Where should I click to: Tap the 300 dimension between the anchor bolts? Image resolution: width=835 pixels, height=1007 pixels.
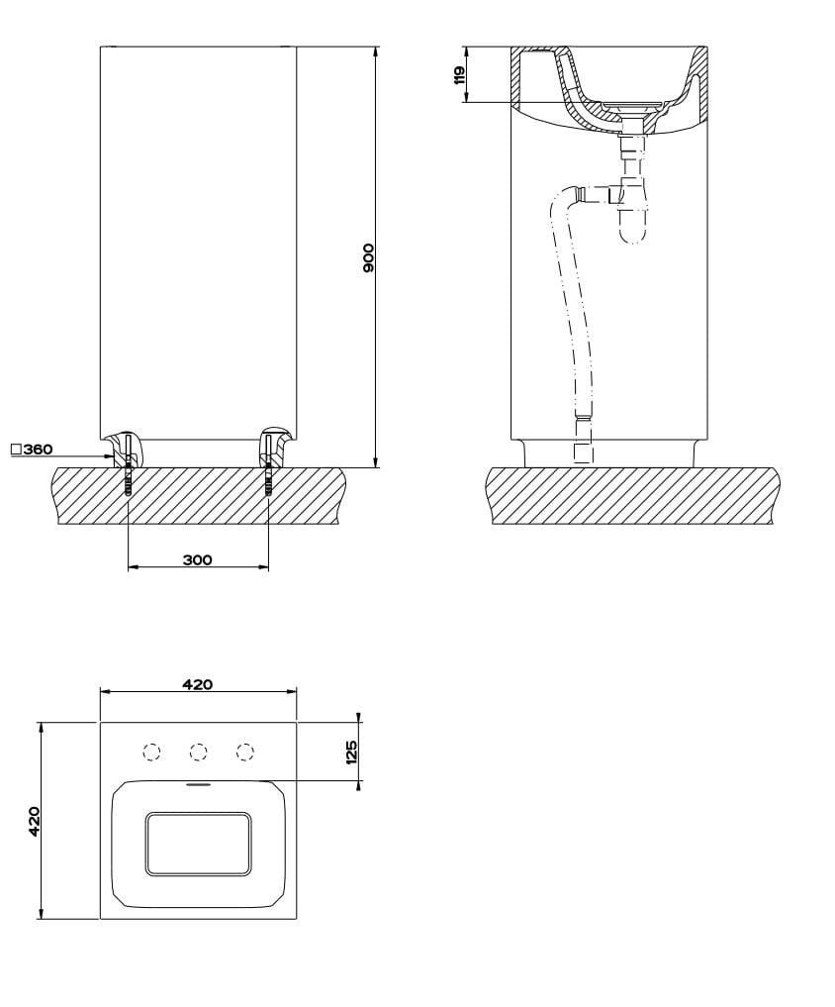198,559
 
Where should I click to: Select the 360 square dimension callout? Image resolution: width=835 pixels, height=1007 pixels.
38,450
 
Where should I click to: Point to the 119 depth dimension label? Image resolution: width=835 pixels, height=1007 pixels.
460,75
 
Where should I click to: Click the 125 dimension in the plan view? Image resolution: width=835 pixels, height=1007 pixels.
350,753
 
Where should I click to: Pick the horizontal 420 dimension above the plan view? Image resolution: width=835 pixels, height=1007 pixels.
198,684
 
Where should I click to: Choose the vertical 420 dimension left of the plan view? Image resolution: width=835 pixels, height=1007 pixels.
34,821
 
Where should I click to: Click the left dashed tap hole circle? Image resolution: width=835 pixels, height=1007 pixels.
151,753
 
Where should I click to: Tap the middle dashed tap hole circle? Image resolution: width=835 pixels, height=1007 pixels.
198,753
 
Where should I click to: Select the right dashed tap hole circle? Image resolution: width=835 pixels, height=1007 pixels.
245,753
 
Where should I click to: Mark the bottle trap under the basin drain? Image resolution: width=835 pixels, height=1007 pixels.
631,213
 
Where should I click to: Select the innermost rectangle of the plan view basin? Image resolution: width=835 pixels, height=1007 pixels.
198,844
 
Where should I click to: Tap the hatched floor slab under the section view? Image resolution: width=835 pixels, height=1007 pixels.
633,495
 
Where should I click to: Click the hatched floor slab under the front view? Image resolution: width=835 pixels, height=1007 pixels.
198,500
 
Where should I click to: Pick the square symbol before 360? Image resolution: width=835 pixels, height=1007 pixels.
16,450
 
